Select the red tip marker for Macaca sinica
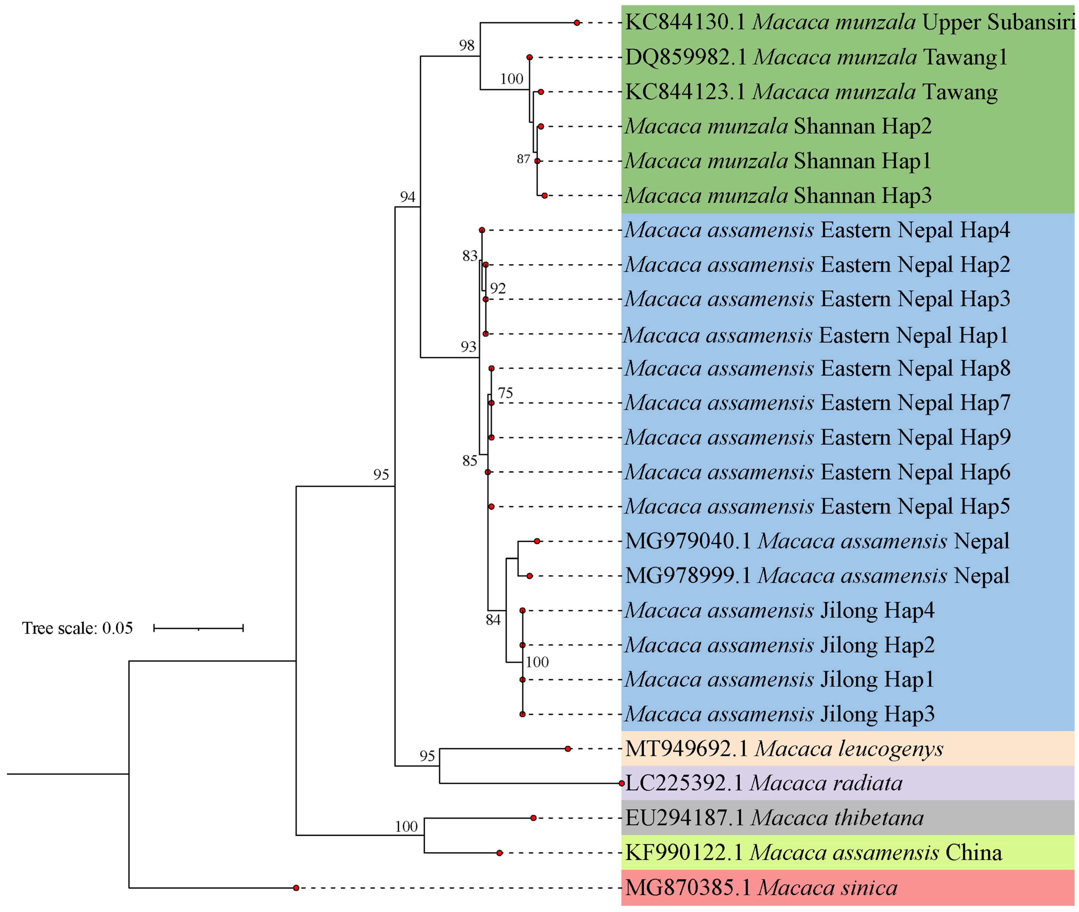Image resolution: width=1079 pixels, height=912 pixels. point(296,888)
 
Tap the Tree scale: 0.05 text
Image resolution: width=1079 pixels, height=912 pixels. point(77,628)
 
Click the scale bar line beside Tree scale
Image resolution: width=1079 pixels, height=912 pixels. point(199,628)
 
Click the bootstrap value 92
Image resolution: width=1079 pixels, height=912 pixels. point(498,288)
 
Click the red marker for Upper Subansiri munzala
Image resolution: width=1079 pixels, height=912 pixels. point(577,23)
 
